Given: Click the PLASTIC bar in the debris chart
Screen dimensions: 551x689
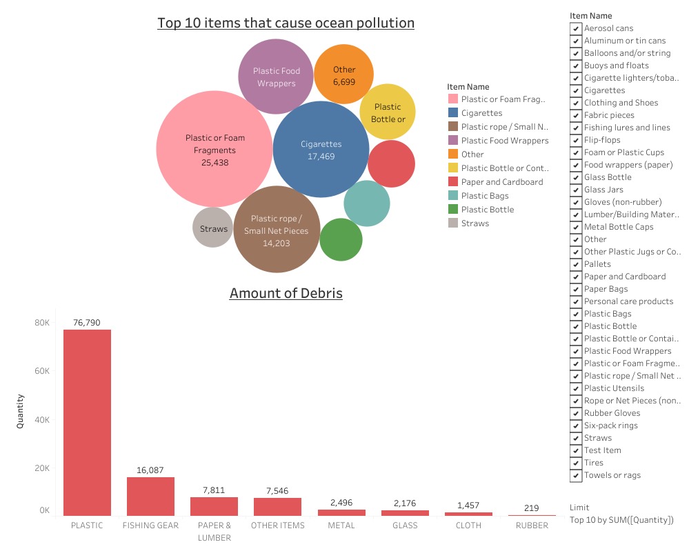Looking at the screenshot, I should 87,422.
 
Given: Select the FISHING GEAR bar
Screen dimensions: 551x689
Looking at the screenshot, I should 150,496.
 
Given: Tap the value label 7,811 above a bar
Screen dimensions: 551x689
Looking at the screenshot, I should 214,490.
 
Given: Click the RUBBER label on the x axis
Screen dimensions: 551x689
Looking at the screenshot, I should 532,525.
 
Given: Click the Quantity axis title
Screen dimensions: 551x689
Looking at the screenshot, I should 20,411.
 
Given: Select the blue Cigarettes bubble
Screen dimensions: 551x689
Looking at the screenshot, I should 321,150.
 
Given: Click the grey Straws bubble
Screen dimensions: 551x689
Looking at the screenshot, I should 213,228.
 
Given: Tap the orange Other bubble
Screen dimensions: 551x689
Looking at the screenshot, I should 343,74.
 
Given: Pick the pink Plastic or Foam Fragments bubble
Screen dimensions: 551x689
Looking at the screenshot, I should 214,149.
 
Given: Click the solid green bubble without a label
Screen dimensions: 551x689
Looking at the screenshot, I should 341,240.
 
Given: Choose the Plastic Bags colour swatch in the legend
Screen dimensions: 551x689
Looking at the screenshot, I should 453,196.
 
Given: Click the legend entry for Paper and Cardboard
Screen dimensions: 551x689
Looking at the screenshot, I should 501,182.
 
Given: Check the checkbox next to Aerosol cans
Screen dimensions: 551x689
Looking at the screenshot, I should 575,28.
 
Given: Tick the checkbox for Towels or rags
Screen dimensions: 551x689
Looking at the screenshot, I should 575,475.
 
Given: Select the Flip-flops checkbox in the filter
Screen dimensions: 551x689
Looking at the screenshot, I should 575,140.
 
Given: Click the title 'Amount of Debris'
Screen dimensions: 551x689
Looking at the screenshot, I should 286,293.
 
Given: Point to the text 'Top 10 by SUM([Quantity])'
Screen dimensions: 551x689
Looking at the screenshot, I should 621,520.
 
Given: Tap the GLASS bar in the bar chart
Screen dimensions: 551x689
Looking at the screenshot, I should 405,512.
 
